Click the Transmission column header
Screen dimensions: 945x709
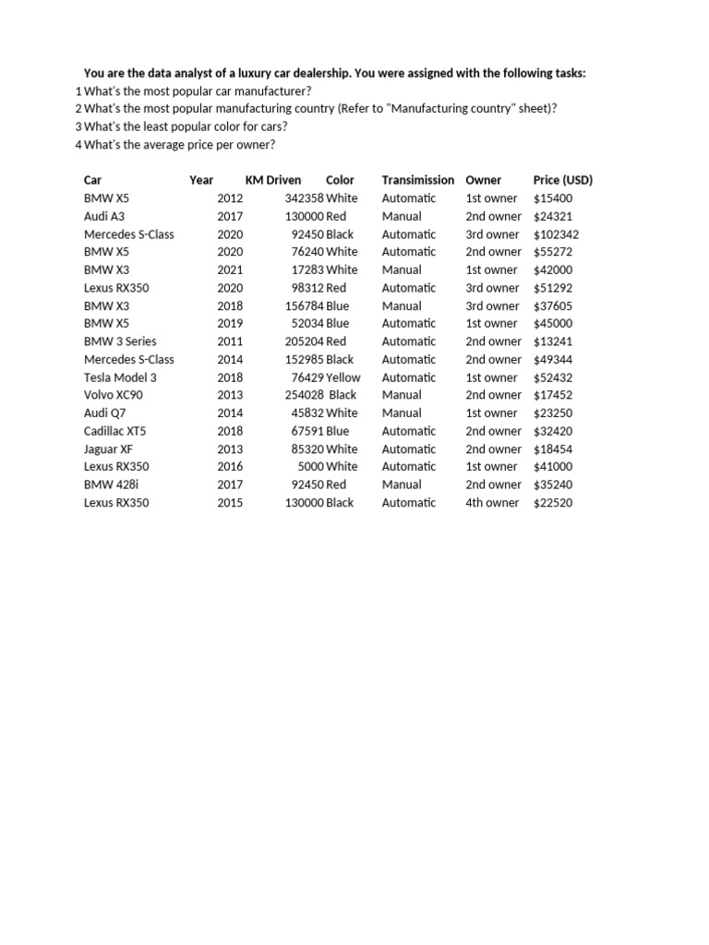point(417,180)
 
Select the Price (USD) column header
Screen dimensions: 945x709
point(562,180)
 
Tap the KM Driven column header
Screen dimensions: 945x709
point(272,180)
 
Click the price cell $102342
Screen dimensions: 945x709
point(556,234)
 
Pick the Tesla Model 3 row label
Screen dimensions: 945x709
point(120,377)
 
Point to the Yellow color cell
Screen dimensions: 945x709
point(342,377)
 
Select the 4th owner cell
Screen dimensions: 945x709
point(492,503)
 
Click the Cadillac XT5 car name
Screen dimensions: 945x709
point(114,431)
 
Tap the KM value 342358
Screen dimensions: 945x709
point(305,198)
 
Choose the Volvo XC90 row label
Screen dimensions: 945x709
point(114,395)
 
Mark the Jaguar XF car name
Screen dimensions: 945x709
point(108,449)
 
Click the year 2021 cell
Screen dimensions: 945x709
point(230,270)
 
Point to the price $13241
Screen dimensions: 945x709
point(552,341)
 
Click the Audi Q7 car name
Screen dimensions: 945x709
point(104,413)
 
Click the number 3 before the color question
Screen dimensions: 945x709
point(78,127)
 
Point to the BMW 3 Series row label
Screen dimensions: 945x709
point(120,341)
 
